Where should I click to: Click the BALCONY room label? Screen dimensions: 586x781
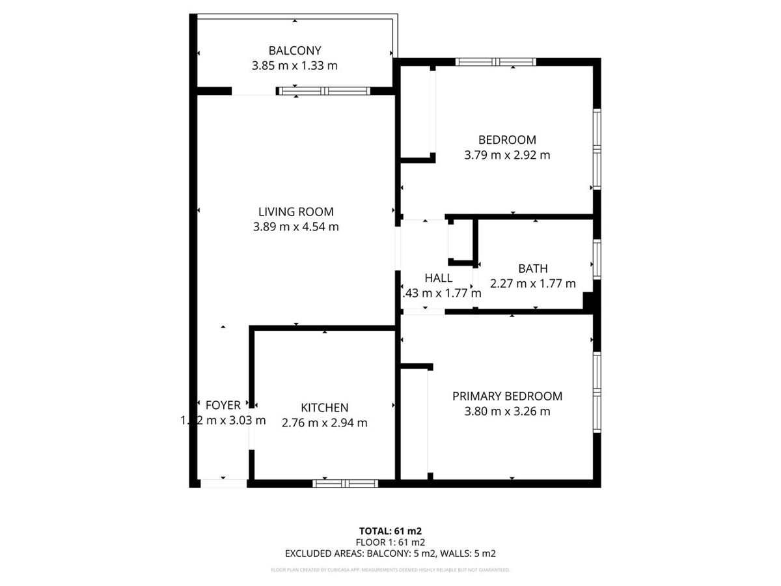coord(295,50)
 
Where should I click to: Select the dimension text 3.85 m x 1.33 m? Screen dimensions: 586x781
coord(295,66)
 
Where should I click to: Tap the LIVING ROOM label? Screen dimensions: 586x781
coord(296,212)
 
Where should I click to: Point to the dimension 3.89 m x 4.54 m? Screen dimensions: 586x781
coord(296,227)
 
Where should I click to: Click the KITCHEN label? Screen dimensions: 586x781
coord(324,408)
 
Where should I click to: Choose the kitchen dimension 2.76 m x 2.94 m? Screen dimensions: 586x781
coord(324,423)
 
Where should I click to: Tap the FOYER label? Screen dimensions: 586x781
coord(223,405)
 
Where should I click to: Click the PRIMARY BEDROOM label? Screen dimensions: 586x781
coord(507,396)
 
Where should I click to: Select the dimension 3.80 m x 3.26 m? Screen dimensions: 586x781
coord(507,412)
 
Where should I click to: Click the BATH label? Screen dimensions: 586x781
coord(532,268)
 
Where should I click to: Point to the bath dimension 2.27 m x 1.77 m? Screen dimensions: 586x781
coord(532,284)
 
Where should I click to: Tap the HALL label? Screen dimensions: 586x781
coord(438,278)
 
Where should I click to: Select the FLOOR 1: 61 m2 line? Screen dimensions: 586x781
coord(390,542)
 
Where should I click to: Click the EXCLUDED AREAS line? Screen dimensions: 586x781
coord(390,553)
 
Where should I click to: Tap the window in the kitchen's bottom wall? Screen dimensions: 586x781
coord(345,483)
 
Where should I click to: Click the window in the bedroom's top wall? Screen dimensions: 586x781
coord(496,62)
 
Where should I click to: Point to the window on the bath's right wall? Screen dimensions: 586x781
coord(596,260)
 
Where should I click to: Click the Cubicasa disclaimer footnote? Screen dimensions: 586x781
coord(390,570)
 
